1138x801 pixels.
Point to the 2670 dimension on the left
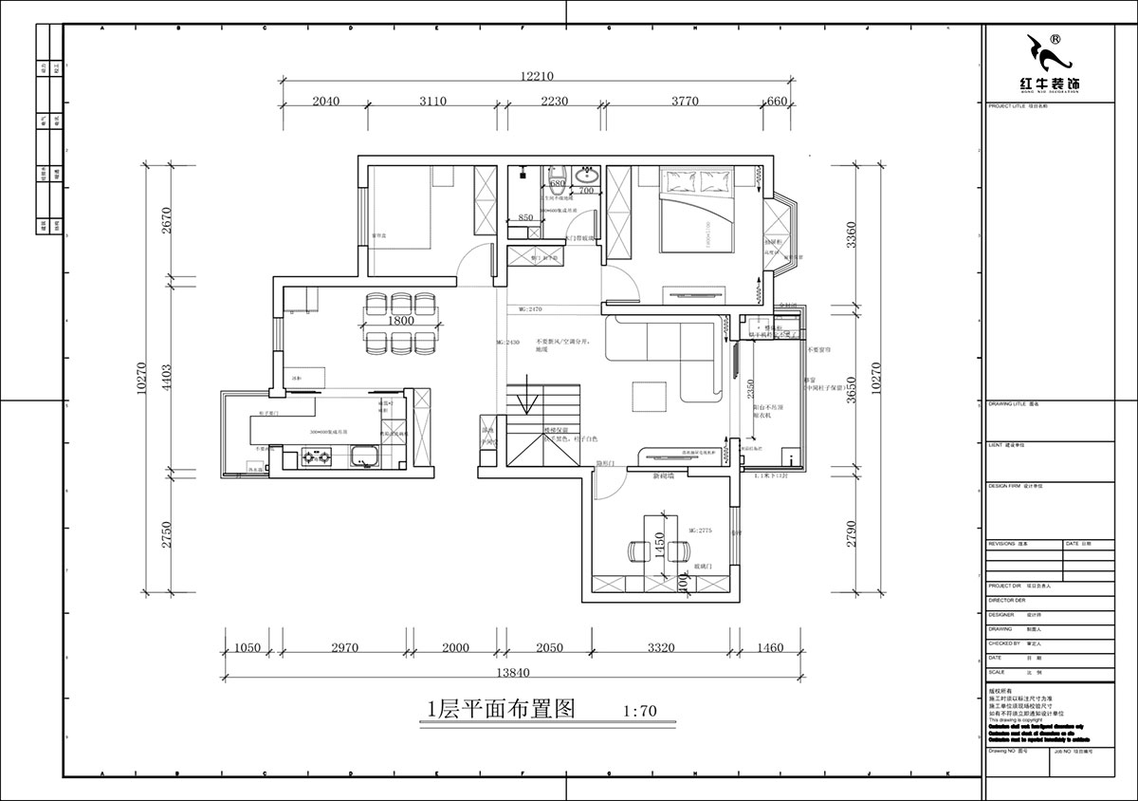[x=166, y=221]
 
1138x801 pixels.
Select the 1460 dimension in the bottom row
[x=770, y=648]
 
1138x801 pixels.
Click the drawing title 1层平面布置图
[x=502, y=710]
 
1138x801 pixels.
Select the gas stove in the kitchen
[x=315, y=459]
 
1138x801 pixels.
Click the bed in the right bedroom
[x=698, y=213]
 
